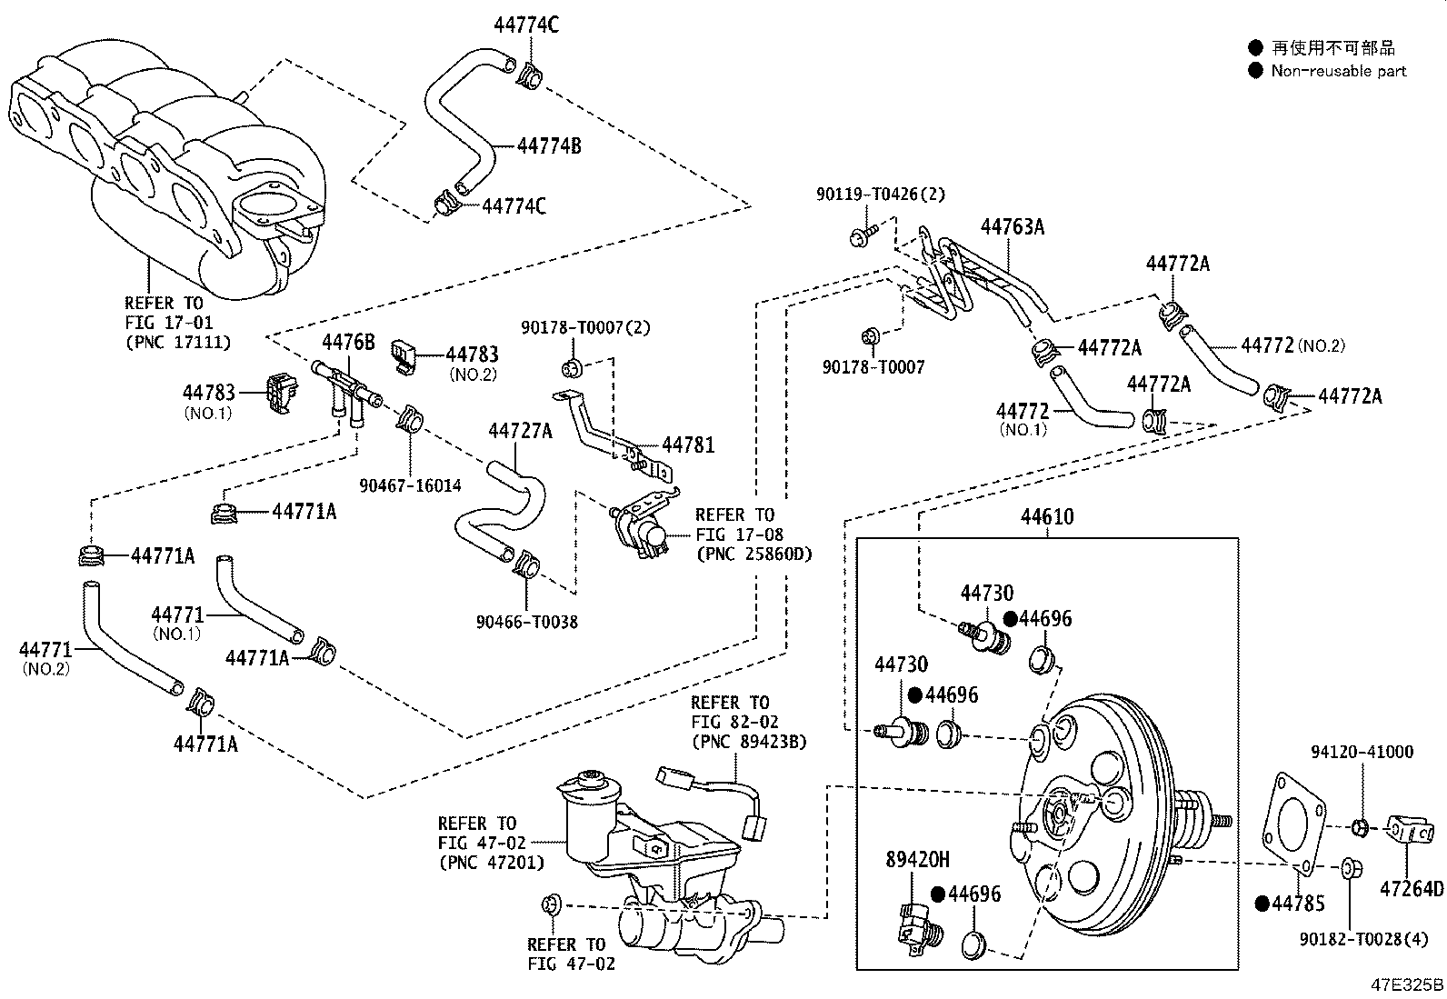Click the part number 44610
click(1047, 517)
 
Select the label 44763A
click(1012, 227)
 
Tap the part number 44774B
click(549, 145)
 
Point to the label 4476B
click(348, 343)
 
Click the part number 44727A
click(520, 431)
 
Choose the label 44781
click(688, 445)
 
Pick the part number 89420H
click(918, 859)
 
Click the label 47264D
click(1412, 888)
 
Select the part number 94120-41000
click(1362, 752)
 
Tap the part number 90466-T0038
click(526, 622)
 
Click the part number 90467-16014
click(410, 485)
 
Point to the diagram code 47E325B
click(1407, 984)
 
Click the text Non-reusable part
click(1338, 71)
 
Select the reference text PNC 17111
click(177, 342)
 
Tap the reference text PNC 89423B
click(749, 741)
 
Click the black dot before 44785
click(1262, 904)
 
